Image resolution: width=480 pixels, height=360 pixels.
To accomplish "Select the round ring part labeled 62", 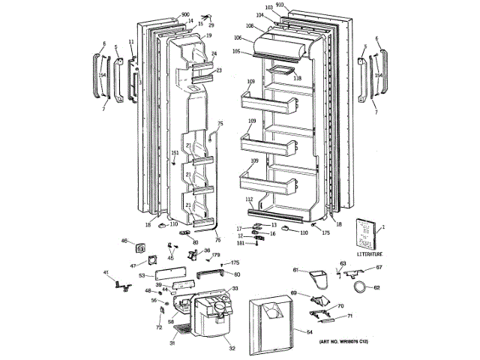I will (x=361, y=286).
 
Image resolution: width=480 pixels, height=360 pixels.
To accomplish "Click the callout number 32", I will (x=232, y=349).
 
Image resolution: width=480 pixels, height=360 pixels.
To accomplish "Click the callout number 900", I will (x=185, y=15).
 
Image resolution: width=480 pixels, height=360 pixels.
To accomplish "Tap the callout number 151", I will (x=174, y=153).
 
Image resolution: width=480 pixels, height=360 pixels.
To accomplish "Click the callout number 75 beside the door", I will (x=220, y=124).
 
